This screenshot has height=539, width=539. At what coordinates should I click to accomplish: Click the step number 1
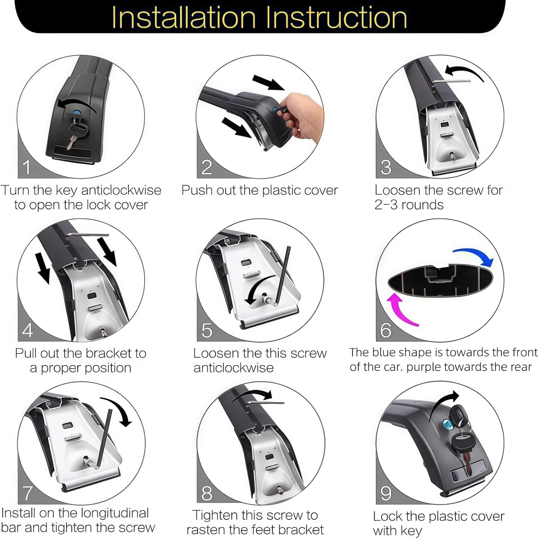pos(27,167)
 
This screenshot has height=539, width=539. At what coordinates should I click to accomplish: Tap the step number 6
pos(385,330)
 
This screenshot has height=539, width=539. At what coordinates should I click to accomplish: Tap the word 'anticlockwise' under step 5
pos(233,368)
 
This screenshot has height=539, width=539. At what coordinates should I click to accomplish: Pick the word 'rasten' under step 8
pos(207,530)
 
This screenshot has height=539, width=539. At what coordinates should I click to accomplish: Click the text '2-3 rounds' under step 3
pos(409,205)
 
